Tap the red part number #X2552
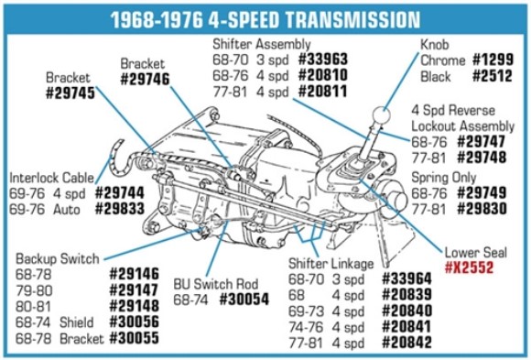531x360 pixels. pyautogui.click(x=470, y=268)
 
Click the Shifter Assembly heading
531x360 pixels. pyautogui.click(x=261, y=44)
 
